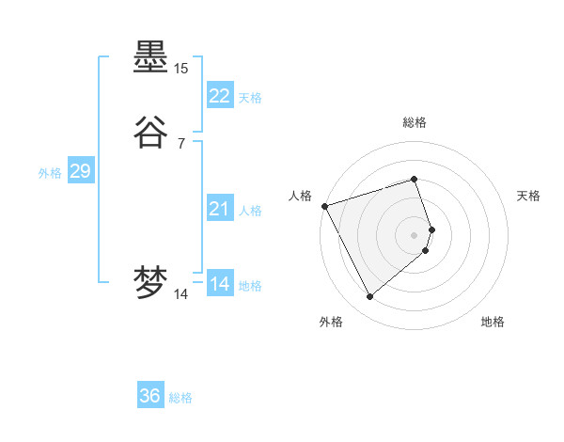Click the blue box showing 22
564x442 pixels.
pyautogui.click(x=220, y=96)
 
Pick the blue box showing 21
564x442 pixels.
pyautogui.click(x=220, y=209)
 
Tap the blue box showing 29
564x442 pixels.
pyautogui.click(x=80, y=171)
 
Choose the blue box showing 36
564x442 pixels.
pyautogui.click(x=150, y=396)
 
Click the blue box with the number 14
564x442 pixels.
pyautogui.click(x=220, y=284)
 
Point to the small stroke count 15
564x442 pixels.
pyautogui.click(x=180, y=69)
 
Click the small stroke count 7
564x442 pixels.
pyautogui.click(x=180, y=144)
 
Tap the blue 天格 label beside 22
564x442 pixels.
pyautogui.click(x=250, y=98)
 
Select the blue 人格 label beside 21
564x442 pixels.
pyautogui.click(x=250, y=211)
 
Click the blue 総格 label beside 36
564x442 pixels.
pyautogui.click(x=180, y=398)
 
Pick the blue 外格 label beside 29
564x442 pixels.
pyautogui.click(x=50, y=173)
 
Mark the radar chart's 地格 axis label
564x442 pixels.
pyautogui.click(x=493, y=322)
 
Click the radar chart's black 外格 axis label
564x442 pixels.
pyautogui.click(x=331, y=322)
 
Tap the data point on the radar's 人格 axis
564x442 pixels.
pyautogui.click(x=324, y=206)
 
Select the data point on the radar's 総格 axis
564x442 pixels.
pyautogui.click(x=414, y=179)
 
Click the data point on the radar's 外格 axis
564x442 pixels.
pyautogui.click(x=369, y=297)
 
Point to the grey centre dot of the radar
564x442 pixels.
pyautogui.click(x=414, y=234)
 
